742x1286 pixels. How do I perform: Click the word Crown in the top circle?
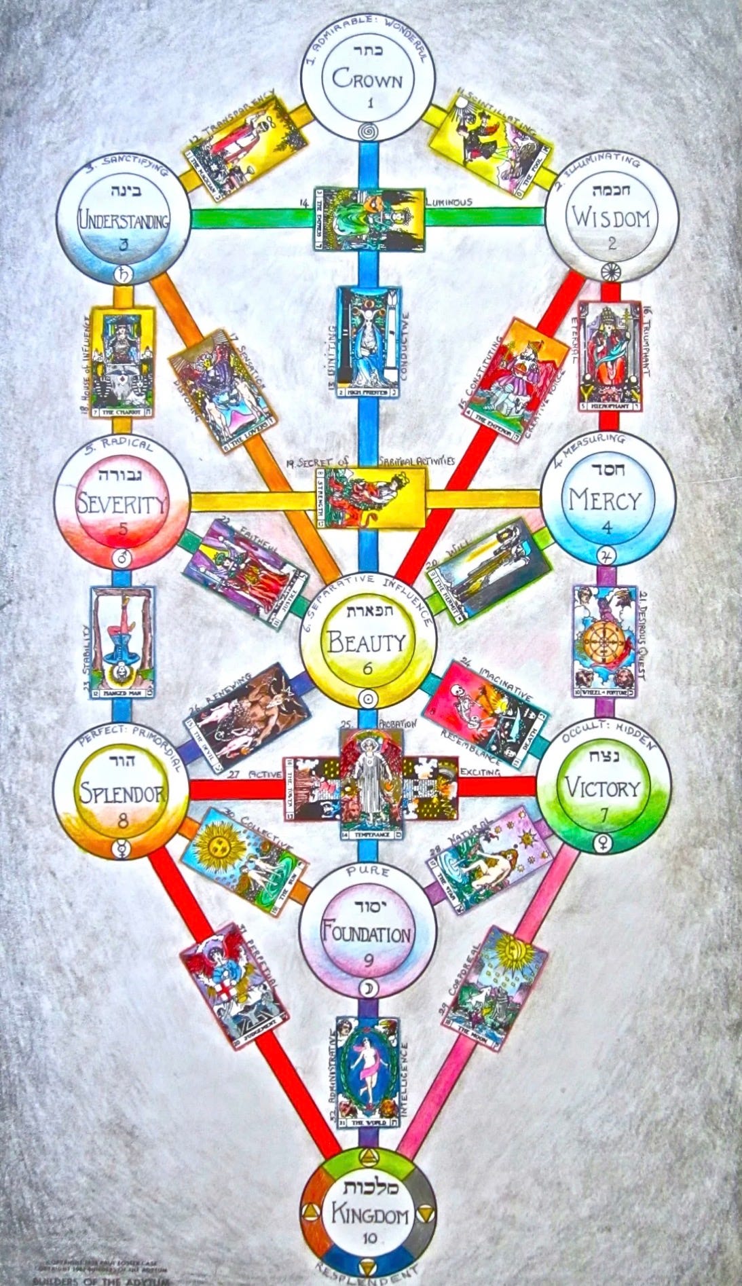pyautogui.click(x=367, y=80)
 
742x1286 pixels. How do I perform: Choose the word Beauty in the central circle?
pyautogui.click(x=367, y=640)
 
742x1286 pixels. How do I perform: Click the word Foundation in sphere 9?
pyautogui.click(x=367, y=935)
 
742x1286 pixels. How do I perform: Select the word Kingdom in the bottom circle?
pyautogui.click(x=367, y=1215)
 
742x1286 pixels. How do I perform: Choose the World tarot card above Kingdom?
pyautogui.click(x=368, y=1077)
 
